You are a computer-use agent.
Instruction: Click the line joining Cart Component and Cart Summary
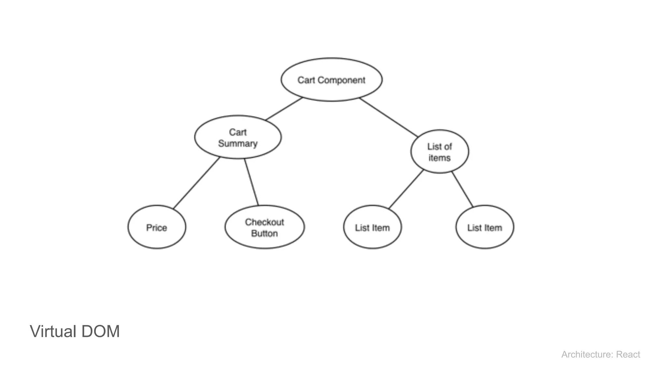(284, 109)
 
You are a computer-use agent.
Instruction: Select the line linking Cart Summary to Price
(196, 183)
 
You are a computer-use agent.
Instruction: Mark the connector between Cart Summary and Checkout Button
(251, 182)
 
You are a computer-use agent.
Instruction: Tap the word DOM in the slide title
(101, 331)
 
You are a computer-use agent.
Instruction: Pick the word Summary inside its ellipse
(238, 144)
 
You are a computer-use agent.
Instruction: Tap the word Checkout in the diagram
(264, 222)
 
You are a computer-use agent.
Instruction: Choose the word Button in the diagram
(264, 233)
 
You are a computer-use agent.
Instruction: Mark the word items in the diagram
(440, 158)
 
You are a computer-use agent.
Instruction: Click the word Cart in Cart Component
(306, 80)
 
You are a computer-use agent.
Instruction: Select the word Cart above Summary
(238, 132)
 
